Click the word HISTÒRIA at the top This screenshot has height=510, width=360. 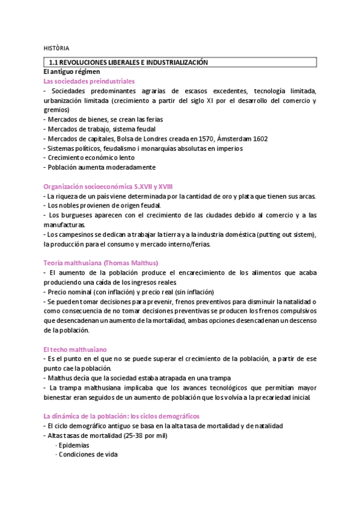pos(56,47)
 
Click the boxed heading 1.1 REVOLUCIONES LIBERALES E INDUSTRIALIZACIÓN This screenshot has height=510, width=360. pos(128,63)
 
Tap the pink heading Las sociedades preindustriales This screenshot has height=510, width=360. pos(89,81)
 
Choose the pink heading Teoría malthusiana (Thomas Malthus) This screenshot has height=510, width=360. pos(100,263)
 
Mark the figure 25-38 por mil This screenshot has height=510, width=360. pos(144,435)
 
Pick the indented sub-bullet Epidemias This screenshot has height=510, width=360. pos(73,445)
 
